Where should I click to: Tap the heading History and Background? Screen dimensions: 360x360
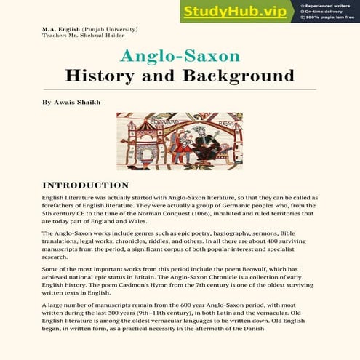point(179,76)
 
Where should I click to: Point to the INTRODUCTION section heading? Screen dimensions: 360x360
point(85,185)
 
